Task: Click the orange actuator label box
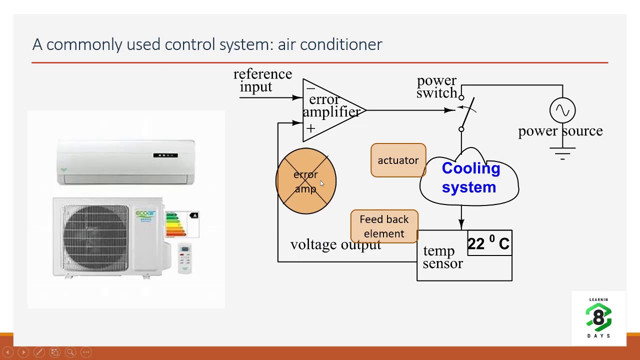point(398,160)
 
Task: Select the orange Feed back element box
point(384,226)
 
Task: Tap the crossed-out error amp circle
point(306,181)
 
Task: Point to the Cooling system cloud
point(469,178)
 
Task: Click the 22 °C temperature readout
point(488,243)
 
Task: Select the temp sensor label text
point(442,257)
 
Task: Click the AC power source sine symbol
point(562,110)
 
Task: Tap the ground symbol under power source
point(562,153)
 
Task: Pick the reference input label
point(262,80)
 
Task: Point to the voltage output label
point(335,244)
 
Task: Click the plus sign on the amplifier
point(310,128)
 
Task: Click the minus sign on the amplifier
point(310,88)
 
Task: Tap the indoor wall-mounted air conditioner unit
point(125,162)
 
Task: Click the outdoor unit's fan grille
point(95,236)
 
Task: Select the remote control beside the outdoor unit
point(184,257)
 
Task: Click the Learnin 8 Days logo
point(598,318)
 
